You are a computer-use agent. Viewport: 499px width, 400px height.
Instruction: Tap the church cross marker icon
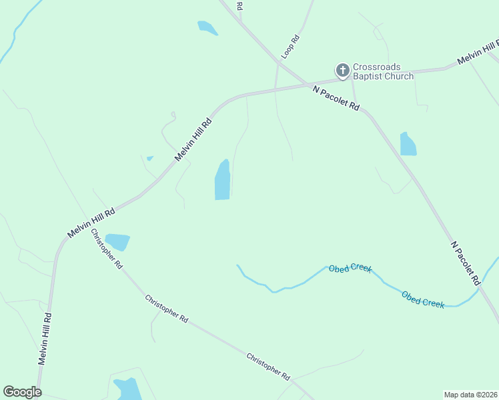(x=342, y=70)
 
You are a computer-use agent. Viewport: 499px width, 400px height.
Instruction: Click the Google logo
(x=22, y=392)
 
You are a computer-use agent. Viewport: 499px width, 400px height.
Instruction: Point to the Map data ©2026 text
(x=471, y=395)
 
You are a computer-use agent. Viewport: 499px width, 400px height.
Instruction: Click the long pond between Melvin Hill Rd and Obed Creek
(x=223, y=180)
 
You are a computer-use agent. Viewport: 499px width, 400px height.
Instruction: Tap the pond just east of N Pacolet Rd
(x=408, y=145)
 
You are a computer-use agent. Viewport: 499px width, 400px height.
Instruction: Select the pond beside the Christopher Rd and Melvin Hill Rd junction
(x=117, y=241)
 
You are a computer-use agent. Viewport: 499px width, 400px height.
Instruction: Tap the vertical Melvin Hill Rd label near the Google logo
(x=44, y=339)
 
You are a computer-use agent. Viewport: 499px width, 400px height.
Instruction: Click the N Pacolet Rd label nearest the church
(x=337, y=99)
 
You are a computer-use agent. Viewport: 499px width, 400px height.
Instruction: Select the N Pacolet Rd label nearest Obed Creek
(x=466, y=264)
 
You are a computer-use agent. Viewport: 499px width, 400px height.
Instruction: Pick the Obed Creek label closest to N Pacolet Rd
(x=423, y=299)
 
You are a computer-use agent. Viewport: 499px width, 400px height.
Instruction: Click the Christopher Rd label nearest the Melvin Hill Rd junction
(x=107, y=249)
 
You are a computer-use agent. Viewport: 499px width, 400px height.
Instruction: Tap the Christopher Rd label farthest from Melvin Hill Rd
(x=268, y=366)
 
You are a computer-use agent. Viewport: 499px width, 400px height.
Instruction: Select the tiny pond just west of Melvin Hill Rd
(x=149, y=158)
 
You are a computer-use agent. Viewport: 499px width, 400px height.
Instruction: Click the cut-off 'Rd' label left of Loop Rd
(x=239, y=5)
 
